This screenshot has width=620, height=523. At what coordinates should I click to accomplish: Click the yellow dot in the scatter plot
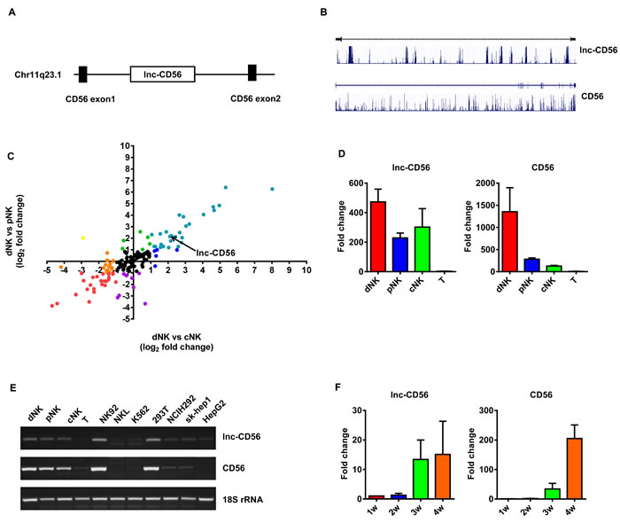(83, 238)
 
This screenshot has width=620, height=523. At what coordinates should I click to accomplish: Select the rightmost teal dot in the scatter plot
(272, 189)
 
